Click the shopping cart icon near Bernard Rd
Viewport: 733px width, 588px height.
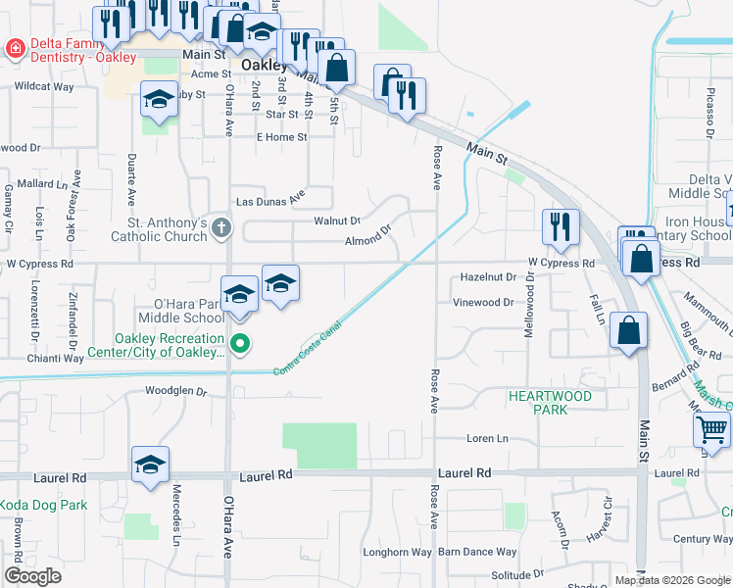click(711, 428)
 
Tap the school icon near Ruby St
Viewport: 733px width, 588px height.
click(159, 99)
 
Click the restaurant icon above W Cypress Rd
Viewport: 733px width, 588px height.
click(559, 225)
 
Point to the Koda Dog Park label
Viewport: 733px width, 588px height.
click(43, 506)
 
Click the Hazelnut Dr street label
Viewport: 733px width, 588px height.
click(488, 277)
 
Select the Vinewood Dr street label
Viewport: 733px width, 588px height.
click(483, 303)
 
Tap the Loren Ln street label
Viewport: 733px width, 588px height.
click(488, 438)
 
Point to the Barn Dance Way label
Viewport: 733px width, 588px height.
click(477, 553)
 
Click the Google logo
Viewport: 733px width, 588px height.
click(32, 576)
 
